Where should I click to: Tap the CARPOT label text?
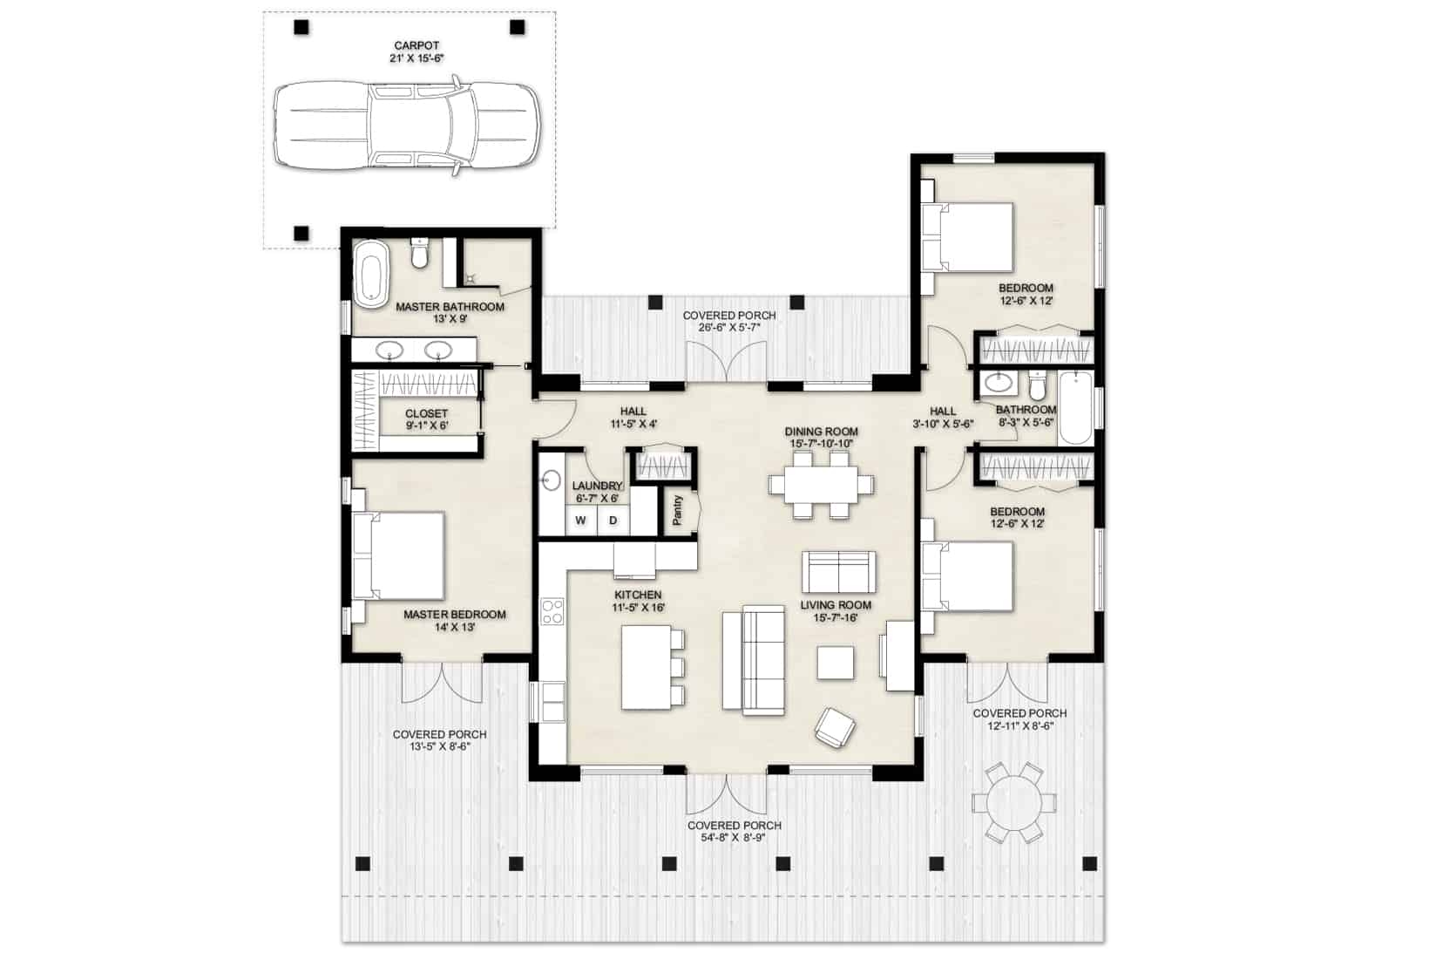417,45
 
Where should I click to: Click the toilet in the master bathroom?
420,255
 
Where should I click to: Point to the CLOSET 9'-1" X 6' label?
426,419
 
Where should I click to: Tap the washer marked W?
580,521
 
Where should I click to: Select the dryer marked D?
613,521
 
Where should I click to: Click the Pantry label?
678,511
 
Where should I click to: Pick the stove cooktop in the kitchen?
552,611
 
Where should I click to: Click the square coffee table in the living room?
836,663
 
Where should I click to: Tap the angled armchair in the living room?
835,727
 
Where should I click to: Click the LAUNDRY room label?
597,486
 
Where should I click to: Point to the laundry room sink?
552,480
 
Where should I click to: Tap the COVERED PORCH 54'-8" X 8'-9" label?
734,831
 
